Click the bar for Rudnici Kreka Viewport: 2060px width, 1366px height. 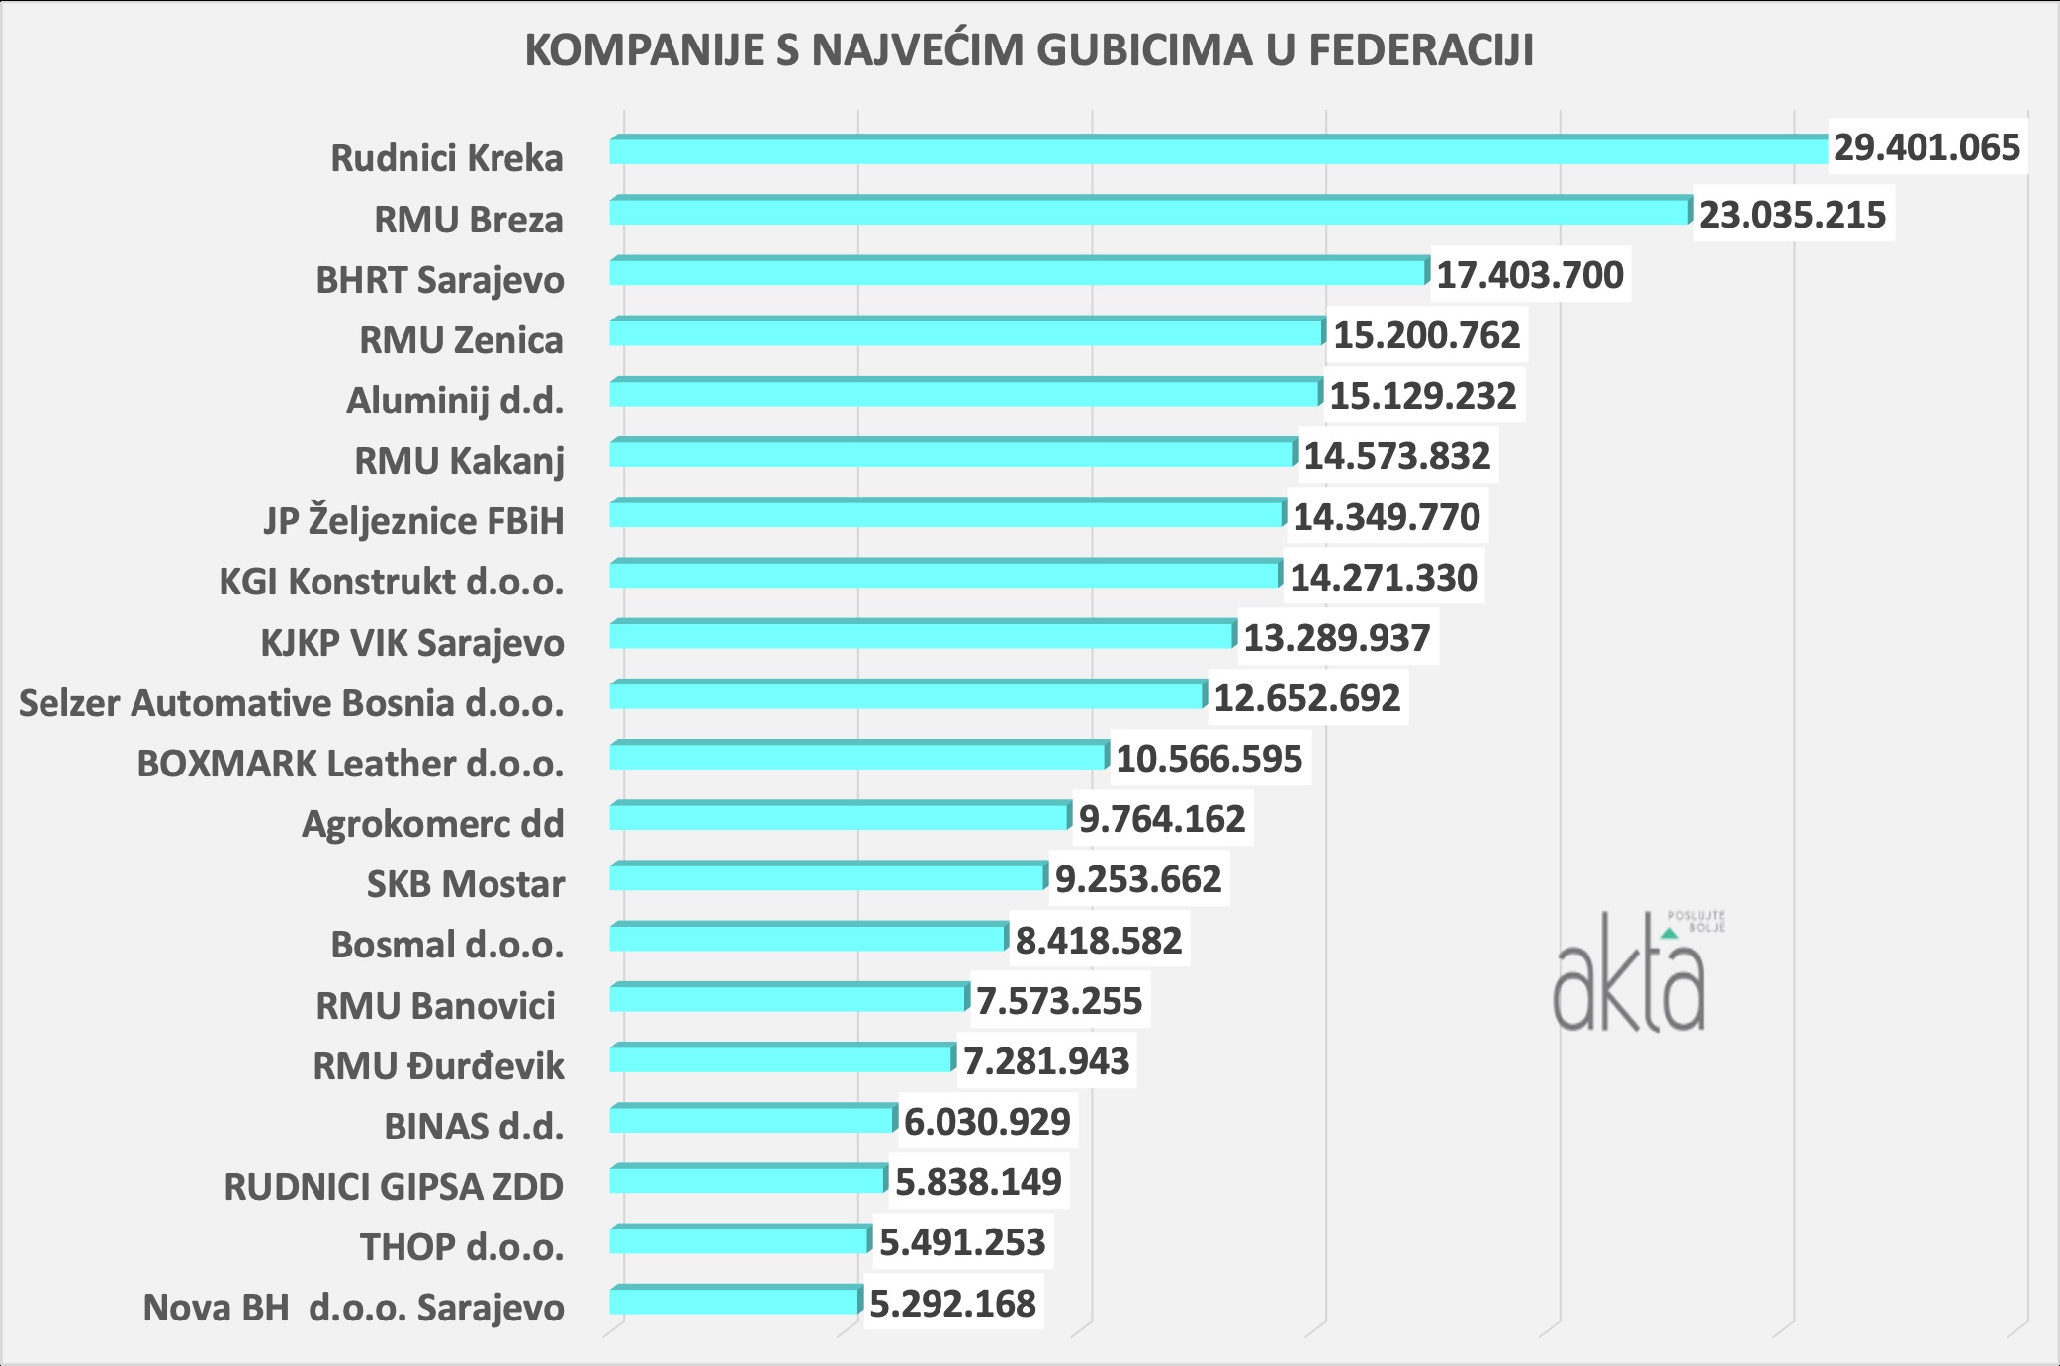(x=1216, y=150)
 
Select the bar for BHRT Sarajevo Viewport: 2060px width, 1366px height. (x=1019, y=272)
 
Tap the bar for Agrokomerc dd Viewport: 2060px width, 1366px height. (x=839, y=817)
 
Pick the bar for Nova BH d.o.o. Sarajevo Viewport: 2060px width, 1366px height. (x=735, y=1301)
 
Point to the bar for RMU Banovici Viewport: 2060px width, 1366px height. (x=788, y=998)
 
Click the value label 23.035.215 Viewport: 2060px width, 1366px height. (x=1792, y=215)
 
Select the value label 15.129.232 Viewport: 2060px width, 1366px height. (x=1422, y=396)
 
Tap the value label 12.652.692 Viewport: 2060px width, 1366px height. (x=1306, y=698)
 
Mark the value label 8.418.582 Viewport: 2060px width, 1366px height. (x=1098, y=940)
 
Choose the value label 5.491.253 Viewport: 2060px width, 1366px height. (x=961, y=1242)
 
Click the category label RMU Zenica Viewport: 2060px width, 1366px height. (x=461, y=340)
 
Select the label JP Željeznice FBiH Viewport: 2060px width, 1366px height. (x=413, y=520)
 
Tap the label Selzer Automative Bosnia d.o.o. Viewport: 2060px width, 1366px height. (x=291, y=703)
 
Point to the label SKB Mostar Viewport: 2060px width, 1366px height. (x=465, y=884)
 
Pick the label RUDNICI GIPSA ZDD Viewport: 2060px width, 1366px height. (x=394, y=1187)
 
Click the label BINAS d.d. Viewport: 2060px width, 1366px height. (x=474, y=1127)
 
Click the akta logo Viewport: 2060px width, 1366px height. (x=1632, y=974)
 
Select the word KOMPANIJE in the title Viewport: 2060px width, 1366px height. (x=644, y=50)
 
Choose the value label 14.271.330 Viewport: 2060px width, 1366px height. (x=1383, y=578)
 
